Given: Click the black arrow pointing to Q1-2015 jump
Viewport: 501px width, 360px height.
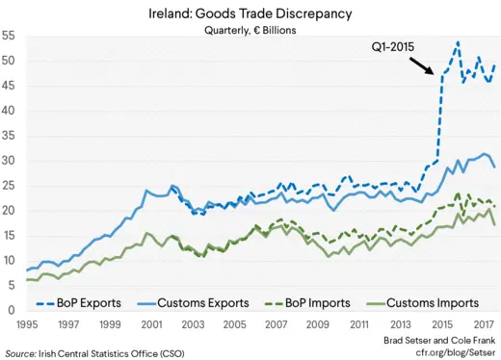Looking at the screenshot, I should click(x=421, y=64).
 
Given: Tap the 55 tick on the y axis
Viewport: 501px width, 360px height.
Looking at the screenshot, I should click(x=9, y=36).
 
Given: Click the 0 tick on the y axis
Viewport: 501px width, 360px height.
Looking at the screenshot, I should click(x=12, y=311).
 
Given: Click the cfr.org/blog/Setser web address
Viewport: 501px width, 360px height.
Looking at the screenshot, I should click(x=450, y=352).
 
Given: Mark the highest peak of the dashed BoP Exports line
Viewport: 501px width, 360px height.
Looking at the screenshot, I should click(x=458, y=41).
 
